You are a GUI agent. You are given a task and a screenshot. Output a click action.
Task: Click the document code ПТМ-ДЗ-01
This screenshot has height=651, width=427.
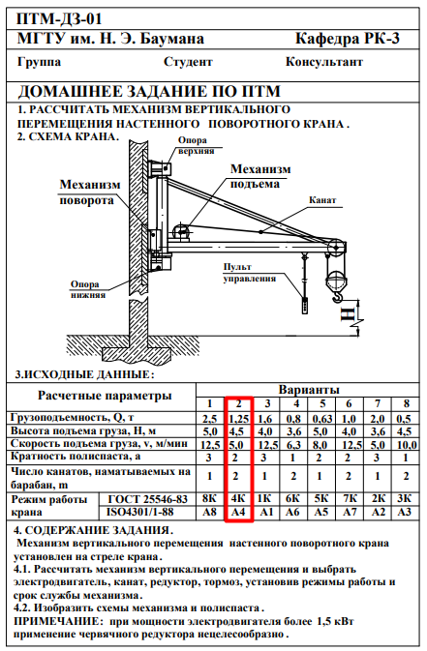click(x=59, y=19)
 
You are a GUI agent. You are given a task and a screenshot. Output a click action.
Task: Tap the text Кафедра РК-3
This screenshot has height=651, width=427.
click(x=348, y=38)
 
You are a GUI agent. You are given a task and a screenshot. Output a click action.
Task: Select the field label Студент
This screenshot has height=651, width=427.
click(x=188, y=62)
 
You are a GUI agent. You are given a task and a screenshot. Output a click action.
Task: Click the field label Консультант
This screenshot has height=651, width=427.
click(x=324, y=62)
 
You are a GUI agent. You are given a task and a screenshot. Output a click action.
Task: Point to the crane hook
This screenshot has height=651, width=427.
click(x=339, y=296)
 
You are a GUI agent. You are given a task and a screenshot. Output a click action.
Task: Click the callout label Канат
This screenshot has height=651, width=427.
click(x=322, y=200)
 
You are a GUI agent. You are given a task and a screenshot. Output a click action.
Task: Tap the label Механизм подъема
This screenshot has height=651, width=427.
click(x=260, y=176)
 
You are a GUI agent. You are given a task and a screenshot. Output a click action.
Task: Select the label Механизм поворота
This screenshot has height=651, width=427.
click(x=90, y=192)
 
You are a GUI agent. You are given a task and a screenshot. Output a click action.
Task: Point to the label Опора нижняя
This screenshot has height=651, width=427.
click(x=87, y=289)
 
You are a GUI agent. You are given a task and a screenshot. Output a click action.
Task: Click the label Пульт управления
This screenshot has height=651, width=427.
click(x=250, y=273)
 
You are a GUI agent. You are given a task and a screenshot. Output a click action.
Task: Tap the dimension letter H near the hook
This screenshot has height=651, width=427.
click(x=348, y=313)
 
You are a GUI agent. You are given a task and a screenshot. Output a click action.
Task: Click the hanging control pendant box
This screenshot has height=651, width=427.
click(x=306, y=305)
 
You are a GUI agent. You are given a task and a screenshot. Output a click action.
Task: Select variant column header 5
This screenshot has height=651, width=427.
click(x=322, y=403)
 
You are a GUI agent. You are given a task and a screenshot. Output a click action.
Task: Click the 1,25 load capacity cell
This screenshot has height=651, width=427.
click(x=238, y=419)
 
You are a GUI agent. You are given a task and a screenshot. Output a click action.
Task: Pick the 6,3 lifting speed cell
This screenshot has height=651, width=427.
click(x=293, y=445)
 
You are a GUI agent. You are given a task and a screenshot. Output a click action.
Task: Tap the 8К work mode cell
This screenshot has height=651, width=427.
click(x=209, y=498)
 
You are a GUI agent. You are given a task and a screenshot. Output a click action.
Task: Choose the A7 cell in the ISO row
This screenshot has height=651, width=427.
click(x=350, y=512)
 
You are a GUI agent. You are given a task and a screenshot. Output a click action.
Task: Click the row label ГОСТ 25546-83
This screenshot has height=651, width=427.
click(x=147, y=498)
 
